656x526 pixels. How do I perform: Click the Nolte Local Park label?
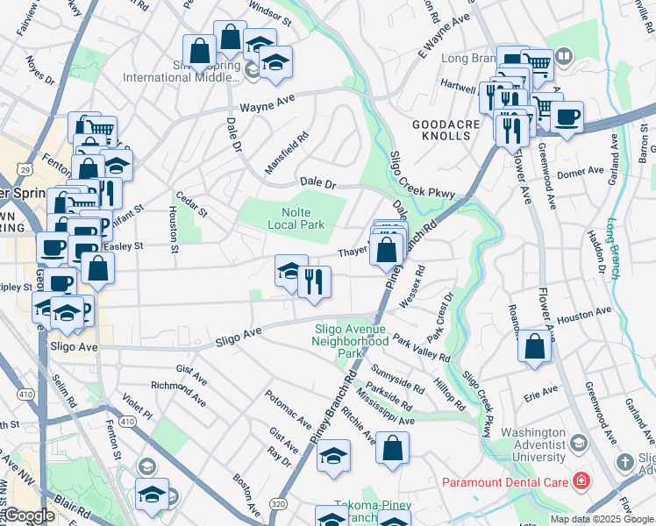pyautogui.click(x=296, y=218)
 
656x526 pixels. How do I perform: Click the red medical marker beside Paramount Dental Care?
pyautogui.click(x=580, y=480)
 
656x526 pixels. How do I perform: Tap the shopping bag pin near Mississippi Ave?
pyautogui.click(x=393, y=447)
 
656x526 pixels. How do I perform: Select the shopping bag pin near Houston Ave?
pyautogui.click(x=534, y=346)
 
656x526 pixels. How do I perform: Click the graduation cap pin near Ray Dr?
pyautogui.click(x=333, y=456)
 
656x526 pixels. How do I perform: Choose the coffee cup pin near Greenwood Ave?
pyautogui.click(x=567, y=117)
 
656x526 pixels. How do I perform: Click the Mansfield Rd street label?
pyautogui.click(x=289, y=152)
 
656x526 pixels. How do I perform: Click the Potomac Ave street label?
pyautogui.click(x=288, y=409)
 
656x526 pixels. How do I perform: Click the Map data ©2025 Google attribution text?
pyautogui.click(x=600, y=519)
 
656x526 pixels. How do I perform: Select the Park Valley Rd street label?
pyautogui.click(x=422, y=349)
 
